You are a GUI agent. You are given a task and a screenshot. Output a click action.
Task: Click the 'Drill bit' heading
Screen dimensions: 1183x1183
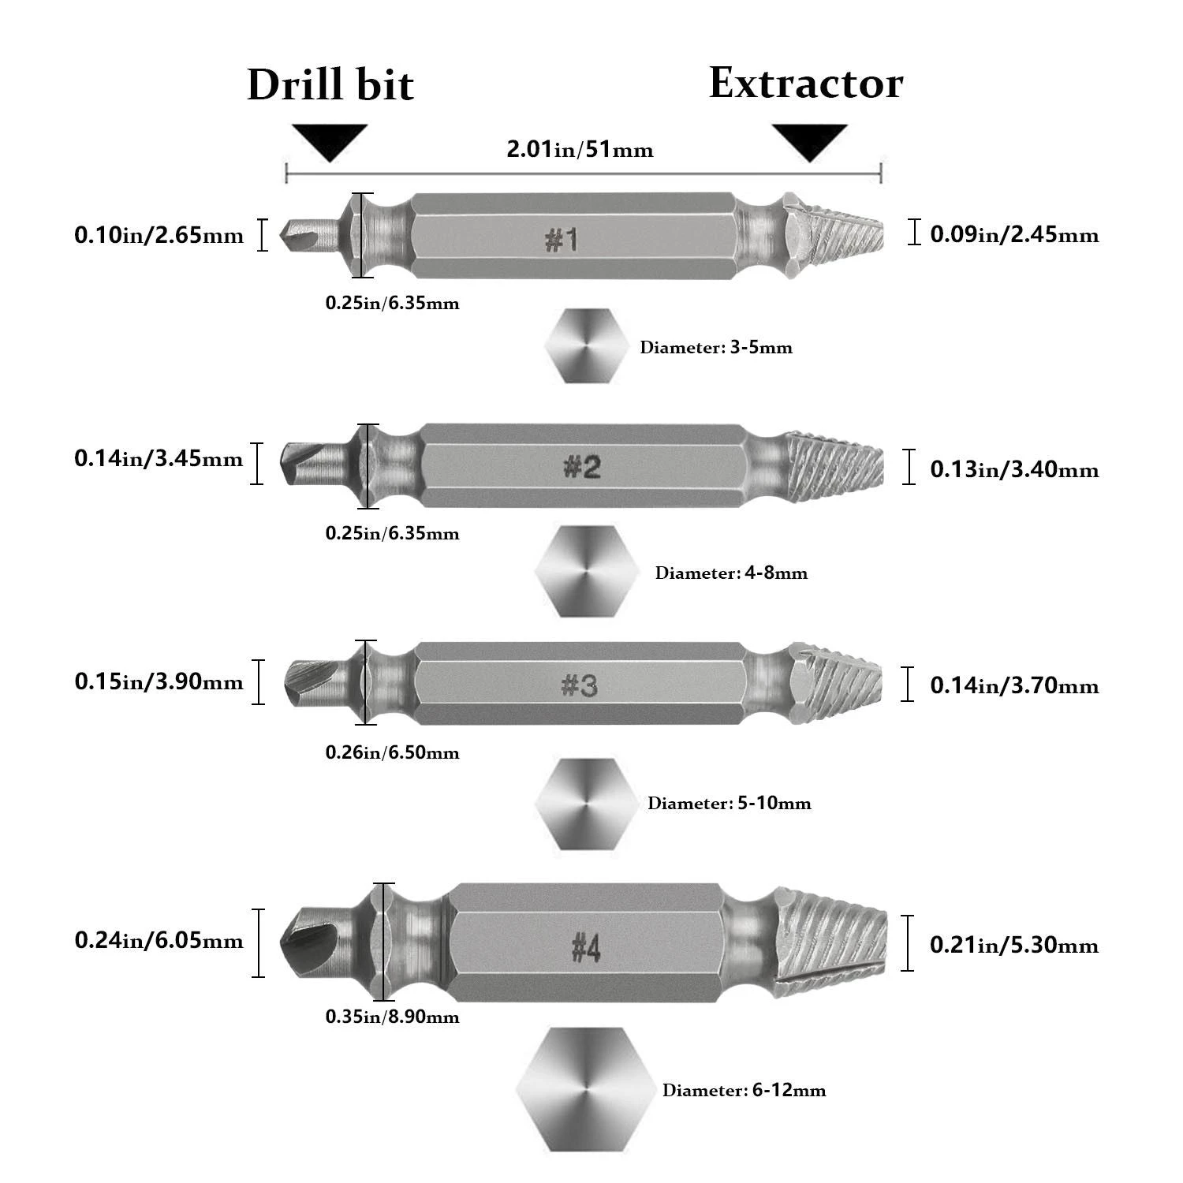pyautogui.click(x=330, y=85)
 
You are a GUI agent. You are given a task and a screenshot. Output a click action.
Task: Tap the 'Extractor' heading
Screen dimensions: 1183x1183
pyautogui.click(x=805, y=83)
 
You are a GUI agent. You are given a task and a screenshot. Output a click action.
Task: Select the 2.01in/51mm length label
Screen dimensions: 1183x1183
pyautogui.click(x=580, y=149)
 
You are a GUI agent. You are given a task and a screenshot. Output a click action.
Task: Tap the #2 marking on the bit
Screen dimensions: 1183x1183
pyautogui.click(x=582, y=467)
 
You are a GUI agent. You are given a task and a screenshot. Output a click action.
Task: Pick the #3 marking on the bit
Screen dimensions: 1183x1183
pyautogui.click(x=580, y=685)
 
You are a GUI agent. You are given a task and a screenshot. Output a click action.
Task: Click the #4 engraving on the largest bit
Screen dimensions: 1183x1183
pyautogui.click(x=586, y=947)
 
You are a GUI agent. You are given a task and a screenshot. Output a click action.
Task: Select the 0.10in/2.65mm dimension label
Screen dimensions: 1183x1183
pyautogui.click(x=159, y=235)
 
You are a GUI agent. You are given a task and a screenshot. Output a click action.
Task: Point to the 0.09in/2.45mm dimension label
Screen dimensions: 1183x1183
pyautogui.click(x=1014, y=234)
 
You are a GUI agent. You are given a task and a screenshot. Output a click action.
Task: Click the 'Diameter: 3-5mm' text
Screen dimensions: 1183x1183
pyautogui.click(x=716, y=347)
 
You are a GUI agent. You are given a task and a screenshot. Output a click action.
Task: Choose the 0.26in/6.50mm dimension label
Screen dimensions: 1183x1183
pyautogui.click(x=392, y=752)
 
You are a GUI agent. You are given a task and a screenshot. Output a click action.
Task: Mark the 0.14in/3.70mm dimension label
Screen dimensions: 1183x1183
pyautogui.click(x=1014, y=685)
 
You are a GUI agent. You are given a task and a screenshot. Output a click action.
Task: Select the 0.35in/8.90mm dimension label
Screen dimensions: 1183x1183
pyautogui.click(x=392, y=1017)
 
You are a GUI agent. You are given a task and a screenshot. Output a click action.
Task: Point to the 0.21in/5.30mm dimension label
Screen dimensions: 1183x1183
pyautogui.click(x=1014, y=944)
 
